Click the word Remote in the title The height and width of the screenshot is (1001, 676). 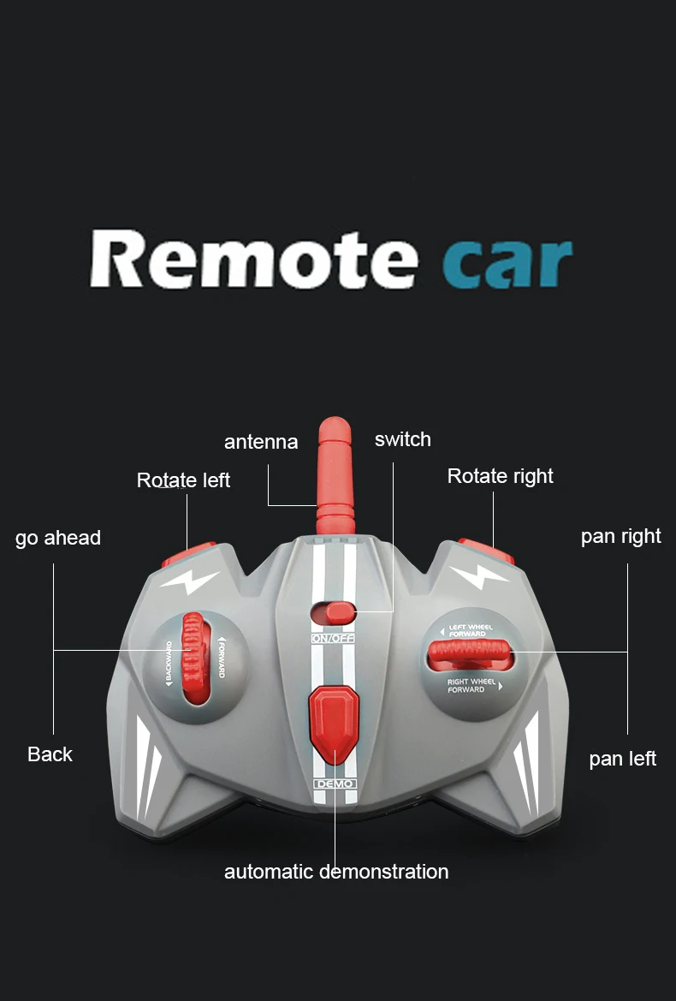[253, 258]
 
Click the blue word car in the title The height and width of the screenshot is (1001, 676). [507, 262]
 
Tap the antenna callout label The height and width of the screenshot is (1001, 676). [261, 442]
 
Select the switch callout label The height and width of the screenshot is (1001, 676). [402, 439]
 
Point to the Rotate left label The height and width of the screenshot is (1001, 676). [183, 480]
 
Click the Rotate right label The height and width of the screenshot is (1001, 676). [500, 476]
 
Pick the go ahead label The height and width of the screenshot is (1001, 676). [58, 538]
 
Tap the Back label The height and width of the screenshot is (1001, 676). [50, 754]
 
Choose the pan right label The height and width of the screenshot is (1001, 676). [620, 536]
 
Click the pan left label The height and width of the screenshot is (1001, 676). [622, 759]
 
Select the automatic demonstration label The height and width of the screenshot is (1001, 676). [335, 872]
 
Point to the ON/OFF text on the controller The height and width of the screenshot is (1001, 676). [333, 639]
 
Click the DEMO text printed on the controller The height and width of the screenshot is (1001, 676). [335, 784]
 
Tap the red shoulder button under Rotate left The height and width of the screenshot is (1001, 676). [190, 553]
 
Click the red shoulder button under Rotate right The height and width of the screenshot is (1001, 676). [485, 550]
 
